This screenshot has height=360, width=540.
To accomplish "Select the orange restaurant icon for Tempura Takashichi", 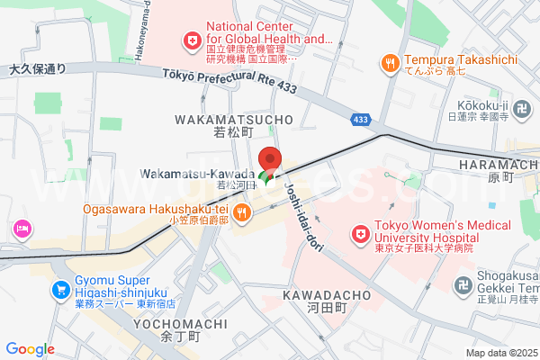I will tap(390, 63).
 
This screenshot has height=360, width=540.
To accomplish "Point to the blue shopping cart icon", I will tap(61, 290).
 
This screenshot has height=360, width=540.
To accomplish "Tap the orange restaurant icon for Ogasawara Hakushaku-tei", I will tap(242, 212).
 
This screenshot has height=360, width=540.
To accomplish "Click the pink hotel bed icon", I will tap(21, 230).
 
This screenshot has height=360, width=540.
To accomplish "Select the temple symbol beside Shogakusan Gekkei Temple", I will tap(463, 284).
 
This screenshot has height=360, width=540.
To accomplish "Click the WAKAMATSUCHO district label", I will tap(235, 119).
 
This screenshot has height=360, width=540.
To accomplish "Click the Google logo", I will tap(30, 349).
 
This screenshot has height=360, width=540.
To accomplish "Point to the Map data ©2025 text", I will tap(499, 353).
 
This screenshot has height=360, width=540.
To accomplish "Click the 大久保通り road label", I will tap(38, 68).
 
